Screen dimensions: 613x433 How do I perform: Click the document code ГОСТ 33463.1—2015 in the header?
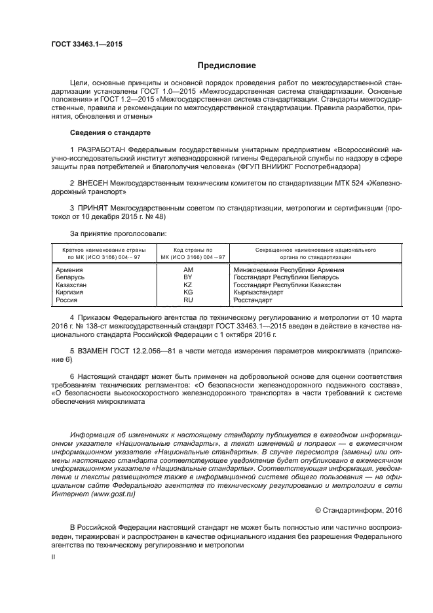click(86, 45)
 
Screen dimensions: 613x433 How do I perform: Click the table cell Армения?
click(69, 269)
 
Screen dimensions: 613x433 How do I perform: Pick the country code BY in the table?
click(188, 277)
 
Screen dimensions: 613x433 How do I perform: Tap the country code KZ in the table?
click(188, 285)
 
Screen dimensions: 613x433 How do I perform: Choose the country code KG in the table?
click(188, 292)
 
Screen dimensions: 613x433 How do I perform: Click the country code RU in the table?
click(188, 300)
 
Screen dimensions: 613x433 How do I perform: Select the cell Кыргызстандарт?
click(258, 292)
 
